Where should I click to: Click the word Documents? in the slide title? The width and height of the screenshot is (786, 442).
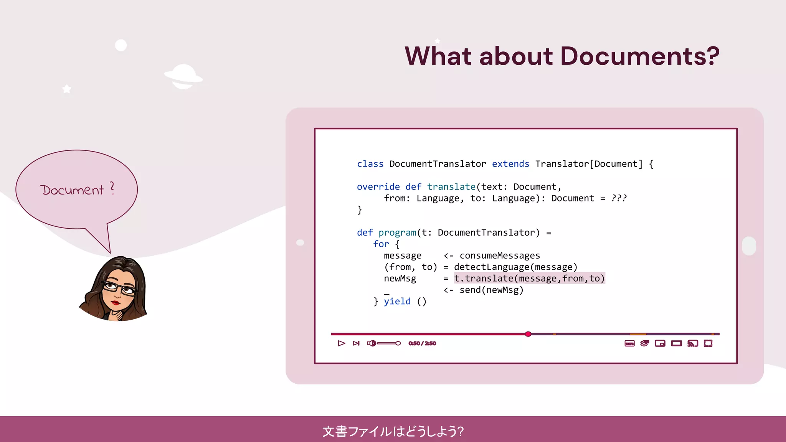[x=639, y=56]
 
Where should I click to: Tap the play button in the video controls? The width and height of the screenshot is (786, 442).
[x=341, y=343]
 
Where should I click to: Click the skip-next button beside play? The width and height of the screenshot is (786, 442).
[x=356, y=343]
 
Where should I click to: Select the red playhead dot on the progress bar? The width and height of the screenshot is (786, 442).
[x=528, y=334]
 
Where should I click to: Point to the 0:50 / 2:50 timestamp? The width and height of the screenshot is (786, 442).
[x=422, y=343]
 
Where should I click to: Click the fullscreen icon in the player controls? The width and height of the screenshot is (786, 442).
[x=708, y=343]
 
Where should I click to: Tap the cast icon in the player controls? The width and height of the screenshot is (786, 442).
[x=692, y=343]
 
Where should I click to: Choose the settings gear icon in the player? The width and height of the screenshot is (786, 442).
[x=644, y=343]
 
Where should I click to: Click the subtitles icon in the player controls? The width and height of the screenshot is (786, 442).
[x=629, y=343]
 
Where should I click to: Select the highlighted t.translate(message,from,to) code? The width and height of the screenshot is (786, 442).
[x=529, y=279]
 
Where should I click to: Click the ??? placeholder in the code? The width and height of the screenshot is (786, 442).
[x=619, y=198]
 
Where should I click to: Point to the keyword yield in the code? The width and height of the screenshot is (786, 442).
[x=397, y=302]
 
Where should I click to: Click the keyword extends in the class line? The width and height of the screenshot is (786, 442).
[x=510, y=164]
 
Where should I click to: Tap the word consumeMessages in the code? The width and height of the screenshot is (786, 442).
[x=500, y=256]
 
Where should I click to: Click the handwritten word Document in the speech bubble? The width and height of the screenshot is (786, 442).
[x=72, y=190]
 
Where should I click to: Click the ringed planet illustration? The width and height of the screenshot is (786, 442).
[x=183, y=76]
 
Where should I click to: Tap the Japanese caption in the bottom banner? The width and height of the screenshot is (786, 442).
[x=393, y=431]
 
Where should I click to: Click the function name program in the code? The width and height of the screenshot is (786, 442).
[x=397, y=233]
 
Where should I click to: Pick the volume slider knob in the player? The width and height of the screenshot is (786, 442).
[x=398, y=343]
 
